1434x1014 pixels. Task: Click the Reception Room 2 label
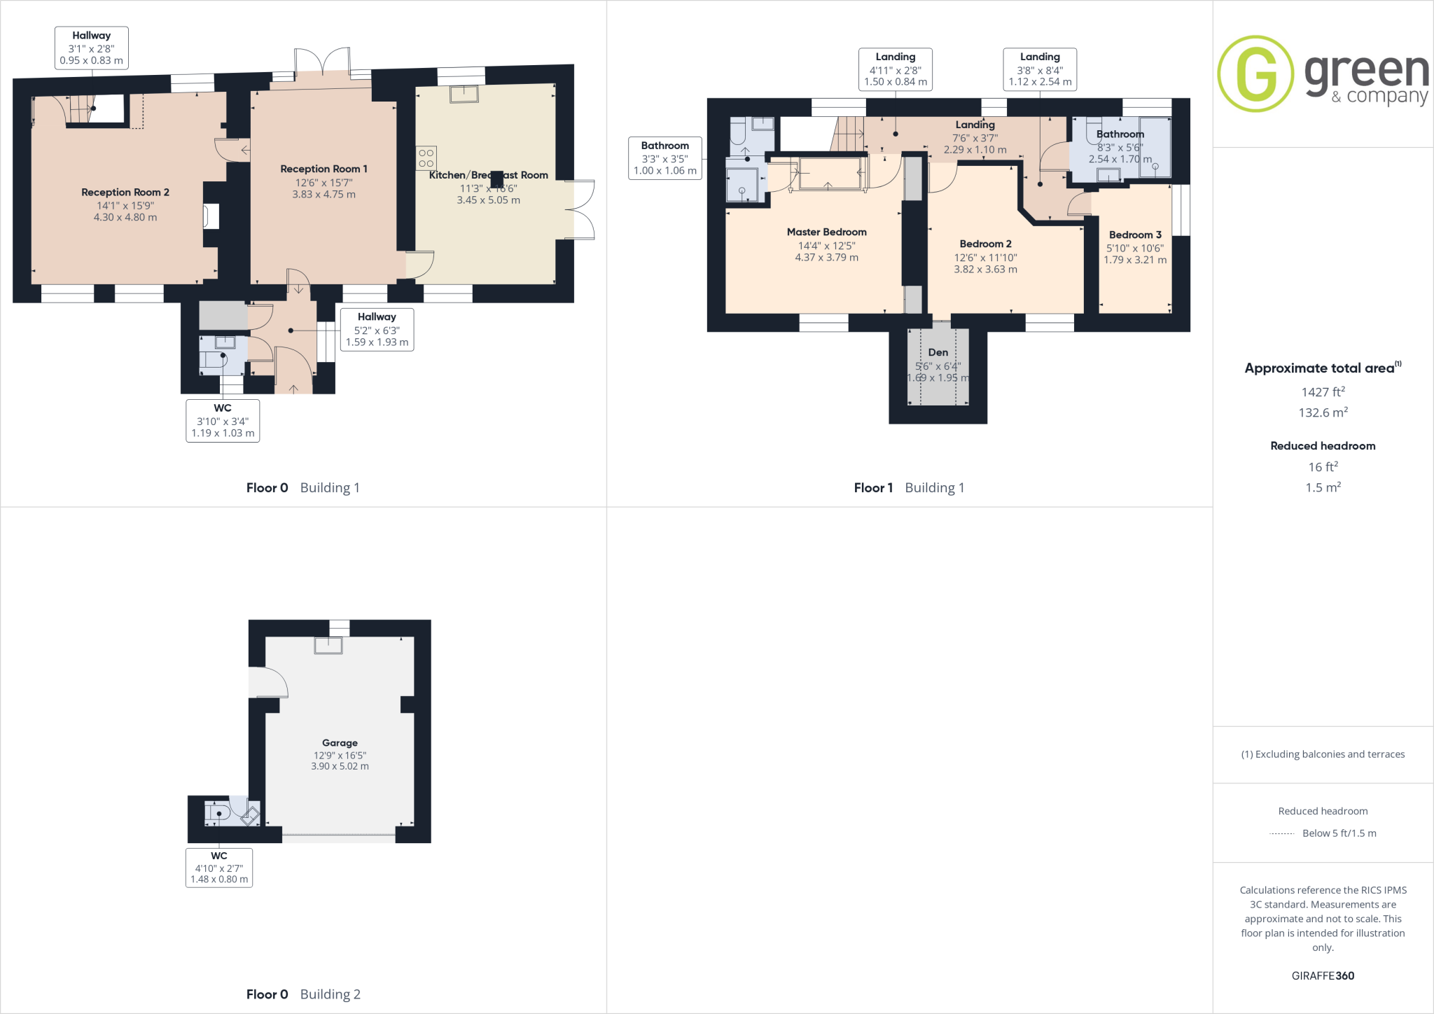coord(125,192)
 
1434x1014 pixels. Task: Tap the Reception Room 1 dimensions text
coord(323,188)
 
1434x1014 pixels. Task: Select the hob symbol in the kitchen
coord(426,158)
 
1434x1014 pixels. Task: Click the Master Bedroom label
coord(826,232)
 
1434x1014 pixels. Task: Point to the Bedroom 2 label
coord(985,244)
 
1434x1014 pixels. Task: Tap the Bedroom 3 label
coord(1135,235)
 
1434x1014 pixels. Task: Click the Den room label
coord(938,352)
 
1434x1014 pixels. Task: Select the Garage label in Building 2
coord(340,742)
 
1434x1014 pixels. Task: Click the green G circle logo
coord(1255,74)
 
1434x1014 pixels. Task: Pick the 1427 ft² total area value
coord(1323,392)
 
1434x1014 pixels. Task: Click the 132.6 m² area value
coord(1323,412)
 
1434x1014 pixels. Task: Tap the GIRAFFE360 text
coord(1323,975)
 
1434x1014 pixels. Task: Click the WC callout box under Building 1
coord(223,420)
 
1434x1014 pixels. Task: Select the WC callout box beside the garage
coord(219,867)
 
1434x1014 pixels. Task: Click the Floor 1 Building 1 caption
coord(909,487)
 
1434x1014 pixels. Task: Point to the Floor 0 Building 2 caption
coord(303,994)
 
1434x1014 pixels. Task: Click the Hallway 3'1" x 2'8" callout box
coord(91,48)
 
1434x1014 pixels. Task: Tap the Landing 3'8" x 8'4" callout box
coord(1040,69)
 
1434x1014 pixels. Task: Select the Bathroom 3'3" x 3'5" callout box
coord(665,158)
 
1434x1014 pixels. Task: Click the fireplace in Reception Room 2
coord(211,216)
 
